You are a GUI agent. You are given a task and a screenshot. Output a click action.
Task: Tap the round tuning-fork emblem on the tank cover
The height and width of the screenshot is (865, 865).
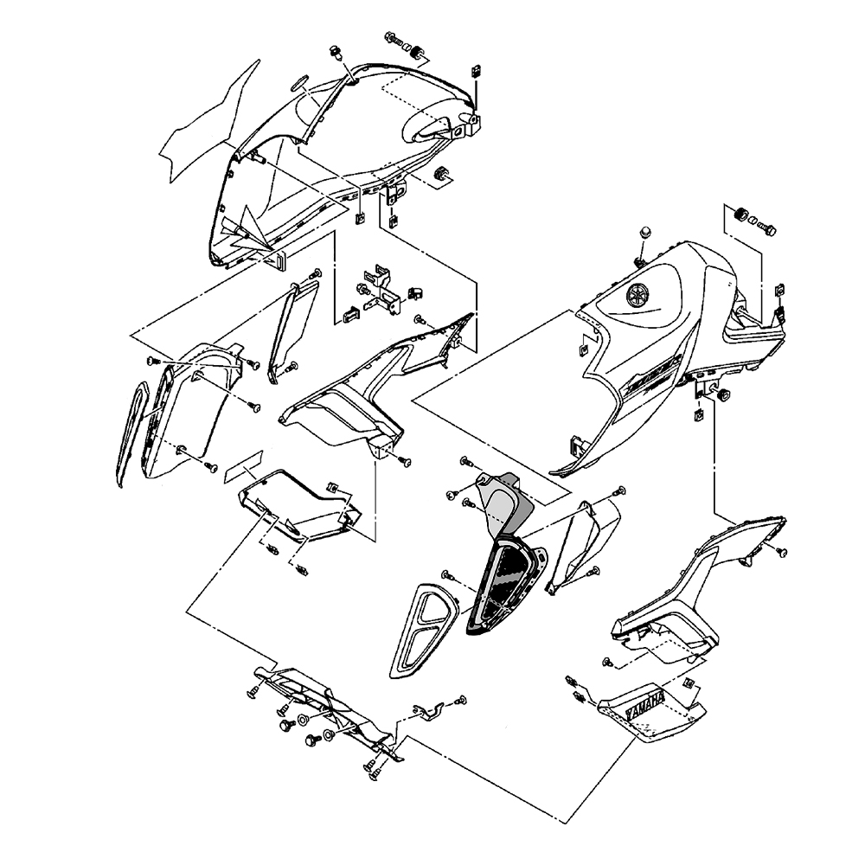[x=638, y=295]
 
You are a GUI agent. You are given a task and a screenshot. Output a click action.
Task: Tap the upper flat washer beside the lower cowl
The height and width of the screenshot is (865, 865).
[x=304, y=721]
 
